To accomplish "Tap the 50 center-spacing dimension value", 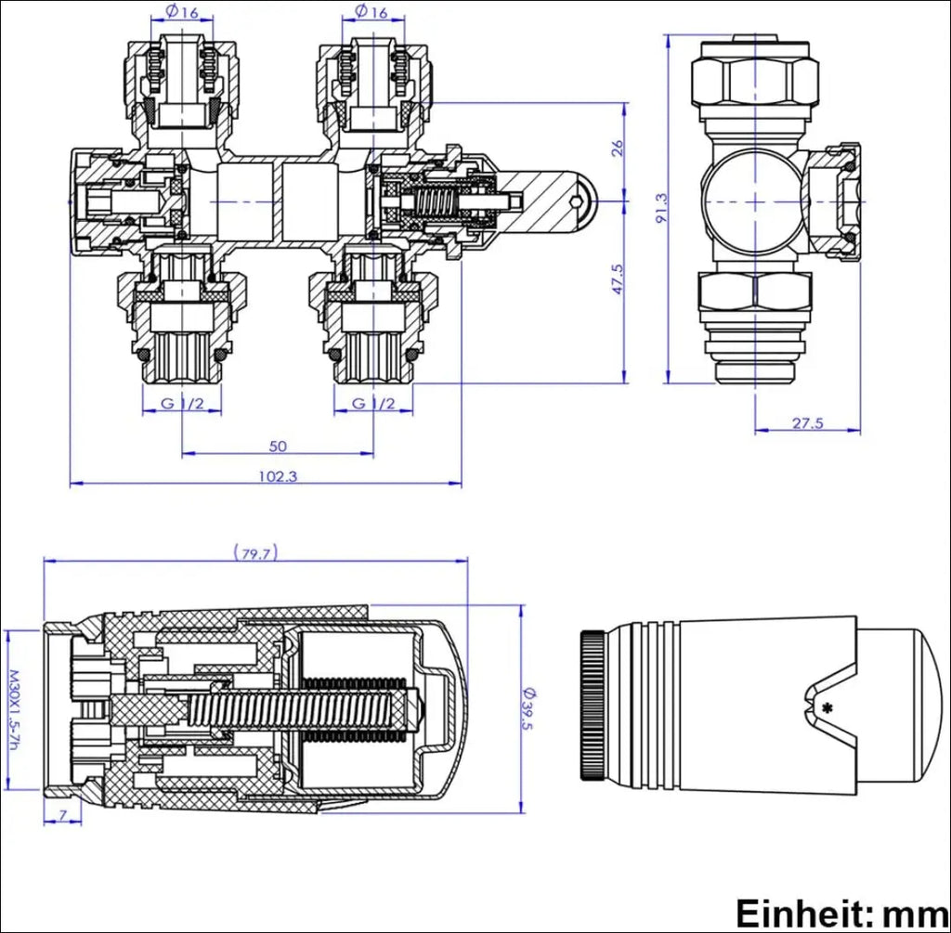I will point(278,446).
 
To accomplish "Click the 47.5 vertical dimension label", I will point(618,279).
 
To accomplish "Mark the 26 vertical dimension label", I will point(618,148).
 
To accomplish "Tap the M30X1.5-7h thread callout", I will point(13,711).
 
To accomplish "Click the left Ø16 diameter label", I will point(181,12).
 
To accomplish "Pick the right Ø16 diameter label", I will point(371,12).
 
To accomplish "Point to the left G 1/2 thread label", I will point(181,403).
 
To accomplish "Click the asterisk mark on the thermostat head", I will point(826,708).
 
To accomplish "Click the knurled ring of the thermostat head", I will point(593,706).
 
